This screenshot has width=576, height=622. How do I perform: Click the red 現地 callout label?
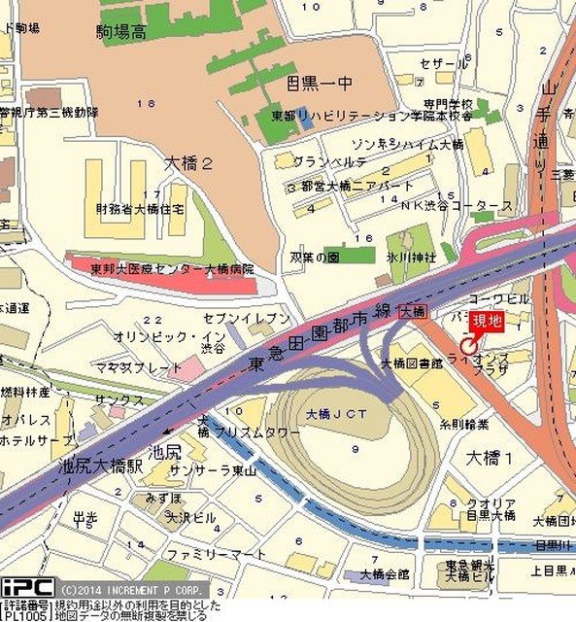pos(487,321)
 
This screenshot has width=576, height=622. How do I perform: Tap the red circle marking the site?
pos(466,344)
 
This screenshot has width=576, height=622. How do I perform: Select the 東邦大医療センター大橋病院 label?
pos(172,268)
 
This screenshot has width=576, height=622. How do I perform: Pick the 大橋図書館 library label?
pos(411,363)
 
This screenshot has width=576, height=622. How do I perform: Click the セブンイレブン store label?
pos(248,318)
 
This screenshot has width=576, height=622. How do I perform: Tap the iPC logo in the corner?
pos(27,586)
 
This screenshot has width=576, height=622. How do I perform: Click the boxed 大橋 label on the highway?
pos(412,311)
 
